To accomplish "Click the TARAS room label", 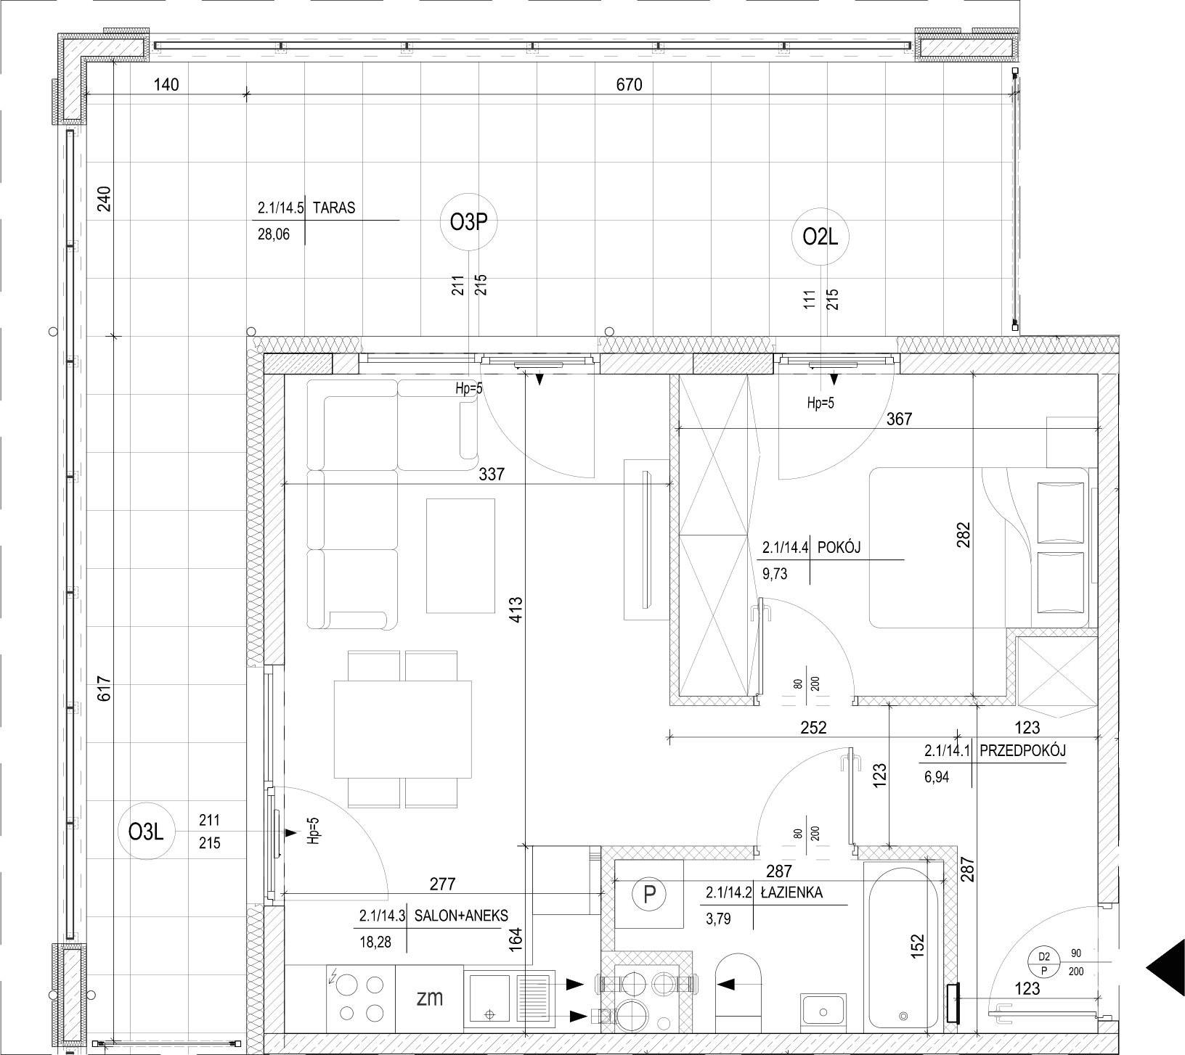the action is (334, 208).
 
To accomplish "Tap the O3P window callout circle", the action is (468, 223).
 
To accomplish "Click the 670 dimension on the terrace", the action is (629, 85).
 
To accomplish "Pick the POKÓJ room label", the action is (839, 548).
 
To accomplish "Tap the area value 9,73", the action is (775, 575).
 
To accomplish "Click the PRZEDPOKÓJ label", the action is (1022, 751).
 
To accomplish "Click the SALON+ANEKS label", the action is (461, 916).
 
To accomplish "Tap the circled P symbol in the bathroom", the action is (649, 895).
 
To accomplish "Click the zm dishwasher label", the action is (430, 998).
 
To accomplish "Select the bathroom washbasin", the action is (823, 1010).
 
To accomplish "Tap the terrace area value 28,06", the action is (273, 234).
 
